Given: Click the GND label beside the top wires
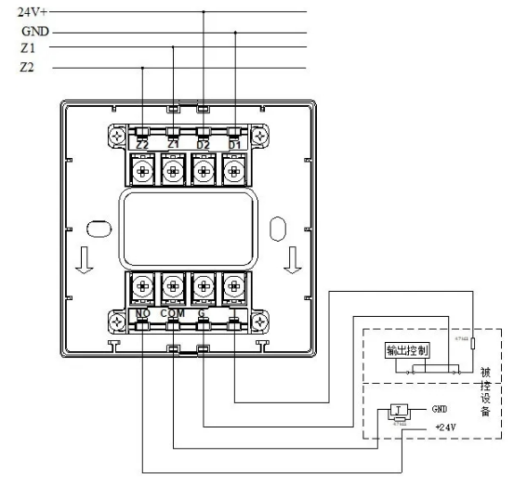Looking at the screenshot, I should click(x=34, y=31).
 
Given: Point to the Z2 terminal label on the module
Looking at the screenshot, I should click(x=142, y=145).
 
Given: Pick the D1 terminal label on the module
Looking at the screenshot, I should click(x=234, y=145).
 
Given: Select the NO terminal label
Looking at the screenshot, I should click(x=142, y=313).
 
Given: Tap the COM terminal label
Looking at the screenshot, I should click(x=173, y=313).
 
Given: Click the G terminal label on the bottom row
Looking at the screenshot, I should click(x=202, y=313).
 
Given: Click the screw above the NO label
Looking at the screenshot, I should click(x=142, y=284).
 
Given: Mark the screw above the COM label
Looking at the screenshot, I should click(x=173, y=284).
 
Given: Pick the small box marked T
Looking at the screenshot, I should click(x=399, y=411).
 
